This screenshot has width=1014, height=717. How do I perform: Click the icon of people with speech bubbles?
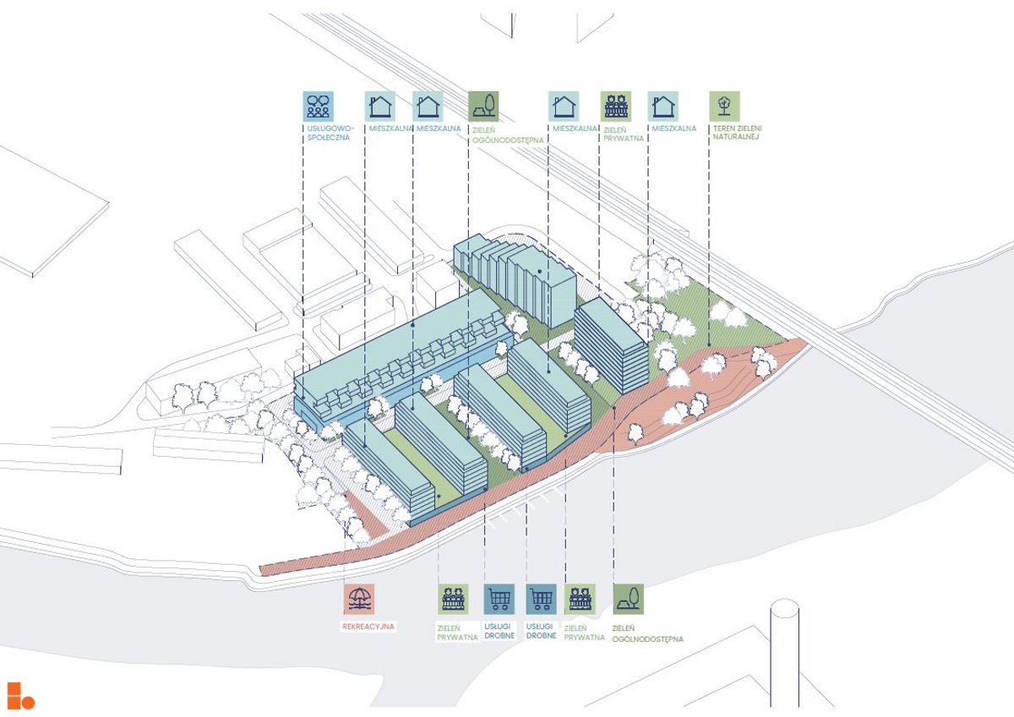pos(319,106)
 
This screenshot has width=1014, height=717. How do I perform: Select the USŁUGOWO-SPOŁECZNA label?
pos(329,133)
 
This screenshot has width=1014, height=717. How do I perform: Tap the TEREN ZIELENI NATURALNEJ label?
pos(738,133)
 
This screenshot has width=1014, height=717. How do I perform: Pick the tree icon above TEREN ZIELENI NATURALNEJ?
pos(725,106)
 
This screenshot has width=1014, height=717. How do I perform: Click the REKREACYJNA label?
pos(368,627)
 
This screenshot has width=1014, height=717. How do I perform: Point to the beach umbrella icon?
pos(359,599)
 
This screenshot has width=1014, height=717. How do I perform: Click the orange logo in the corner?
pos(20,695)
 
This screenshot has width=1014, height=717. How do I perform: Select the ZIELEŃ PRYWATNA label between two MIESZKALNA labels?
pos(624,134)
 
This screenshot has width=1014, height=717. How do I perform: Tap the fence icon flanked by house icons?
pos(616,106)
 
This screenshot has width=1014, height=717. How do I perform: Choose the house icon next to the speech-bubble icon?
pos(380,106)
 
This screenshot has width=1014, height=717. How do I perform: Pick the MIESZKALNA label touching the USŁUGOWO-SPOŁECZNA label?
pos(390,128)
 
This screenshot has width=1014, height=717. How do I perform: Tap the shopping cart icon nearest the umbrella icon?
pos(499,599)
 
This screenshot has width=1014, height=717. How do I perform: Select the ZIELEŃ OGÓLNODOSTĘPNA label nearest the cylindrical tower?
pos(647,633)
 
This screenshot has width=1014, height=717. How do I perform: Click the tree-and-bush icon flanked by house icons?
pos(483,106)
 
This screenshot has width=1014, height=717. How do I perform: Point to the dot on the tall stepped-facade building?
pos(540,272)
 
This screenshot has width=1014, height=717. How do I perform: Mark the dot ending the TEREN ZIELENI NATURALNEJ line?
pos(709,345)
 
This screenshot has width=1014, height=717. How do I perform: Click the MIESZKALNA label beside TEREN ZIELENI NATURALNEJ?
pos(674,128)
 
